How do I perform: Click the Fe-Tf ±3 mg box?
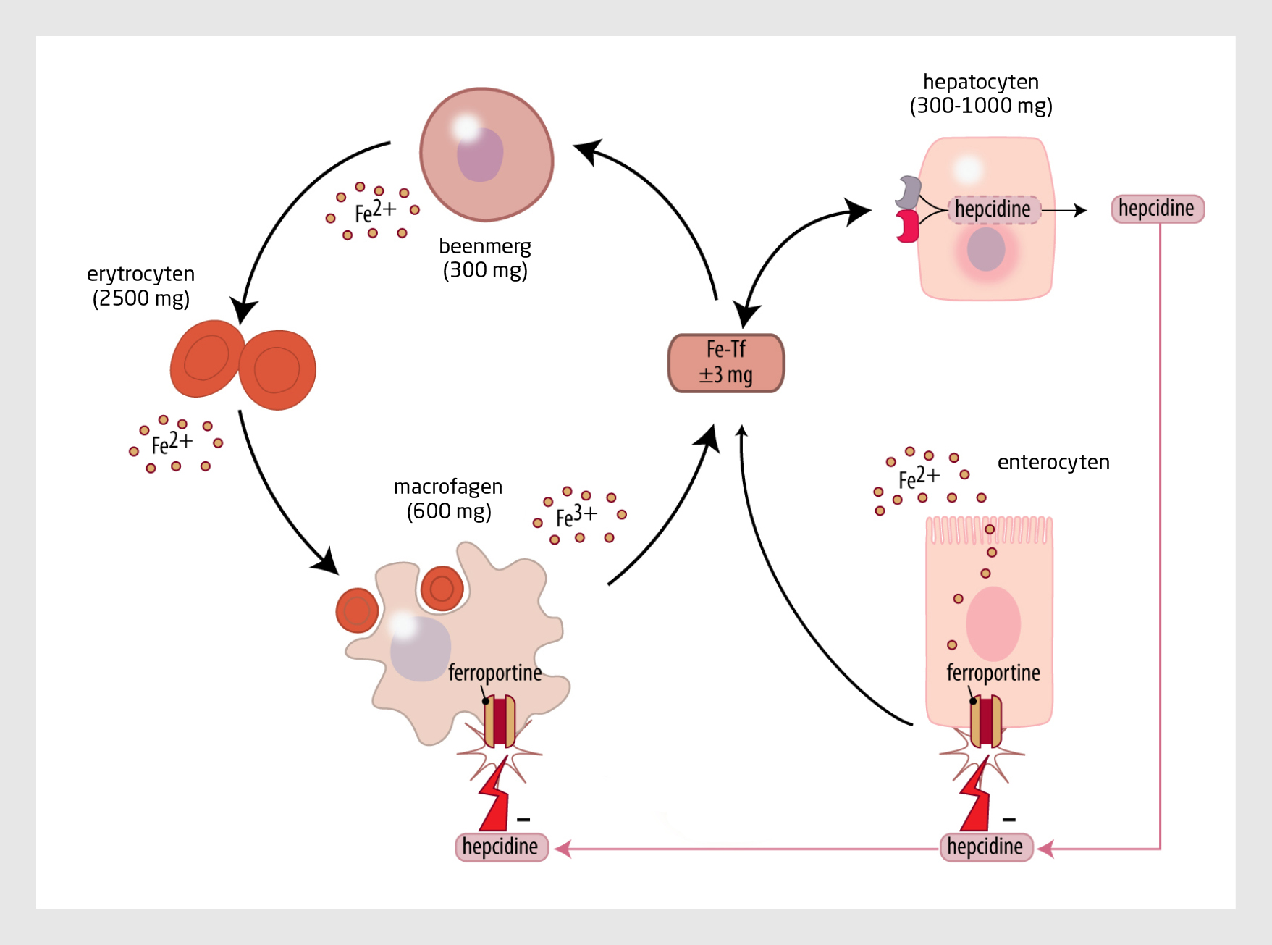click(x=725, y=363)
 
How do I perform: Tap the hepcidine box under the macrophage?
click(x=501, y=847)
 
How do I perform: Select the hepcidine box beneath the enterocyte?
click(x=985, y=847)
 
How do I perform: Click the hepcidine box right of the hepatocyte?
click(x=1157, y=209)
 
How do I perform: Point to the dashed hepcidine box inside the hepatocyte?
click(x=993, y=209)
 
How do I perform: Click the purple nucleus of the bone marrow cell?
click(x=480, y=155)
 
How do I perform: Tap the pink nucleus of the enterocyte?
click(x=993, y=623)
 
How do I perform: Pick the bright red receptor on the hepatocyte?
click(x=907, y=226)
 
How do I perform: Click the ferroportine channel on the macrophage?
click(x=500, y=721)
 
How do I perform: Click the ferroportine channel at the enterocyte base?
click(x=985, y=721)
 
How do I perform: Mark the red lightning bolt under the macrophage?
click(x=494, y=797)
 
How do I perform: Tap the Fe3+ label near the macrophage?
click(x=576, y=516)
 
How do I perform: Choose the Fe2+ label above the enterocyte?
click(x=919, y=477)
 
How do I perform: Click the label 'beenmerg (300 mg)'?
click(x=485, y=258)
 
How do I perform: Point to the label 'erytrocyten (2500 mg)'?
click(x=141, y=285)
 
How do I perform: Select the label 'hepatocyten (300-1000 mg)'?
click(x=981, y=93)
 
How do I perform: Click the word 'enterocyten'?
click(x=1053, y=462)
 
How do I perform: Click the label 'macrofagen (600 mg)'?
click(x=448, y=499)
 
